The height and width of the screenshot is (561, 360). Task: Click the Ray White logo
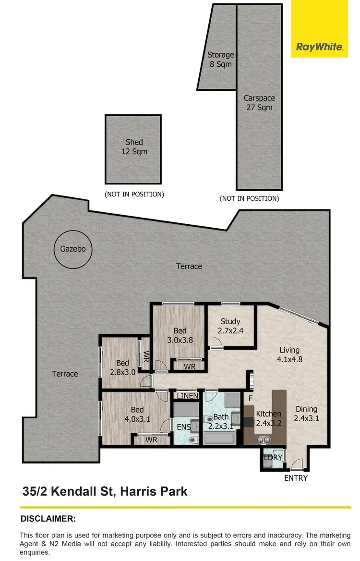tap(319, 47)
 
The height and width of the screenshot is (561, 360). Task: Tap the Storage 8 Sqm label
tap(220, 59)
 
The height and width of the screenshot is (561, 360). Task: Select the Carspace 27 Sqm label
tap(259, 103)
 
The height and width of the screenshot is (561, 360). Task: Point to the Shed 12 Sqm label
tap(134, 146)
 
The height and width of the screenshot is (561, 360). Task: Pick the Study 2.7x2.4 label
tap(230, 326)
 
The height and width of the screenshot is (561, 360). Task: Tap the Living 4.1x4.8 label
tap(289, 354)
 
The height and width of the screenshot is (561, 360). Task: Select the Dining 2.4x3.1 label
tap(306, 414)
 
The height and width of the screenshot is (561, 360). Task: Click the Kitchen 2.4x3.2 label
tap(269, 418)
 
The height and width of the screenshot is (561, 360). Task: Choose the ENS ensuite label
tap(183, 427)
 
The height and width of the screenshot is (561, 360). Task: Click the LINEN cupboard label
tap(188, 395)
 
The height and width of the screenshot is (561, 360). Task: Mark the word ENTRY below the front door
tap(296, 478)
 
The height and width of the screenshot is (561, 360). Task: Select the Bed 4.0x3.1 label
tap(137, 414)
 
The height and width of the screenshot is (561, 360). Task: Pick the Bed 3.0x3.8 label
tap(180, 335)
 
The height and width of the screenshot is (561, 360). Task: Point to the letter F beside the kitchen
tap(249, 398)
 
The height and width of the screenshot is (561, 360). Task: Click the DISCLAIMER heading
tap(48, 519)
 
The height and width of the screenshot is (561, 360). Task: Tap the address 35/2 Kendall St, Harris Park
tap(105, 491)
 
